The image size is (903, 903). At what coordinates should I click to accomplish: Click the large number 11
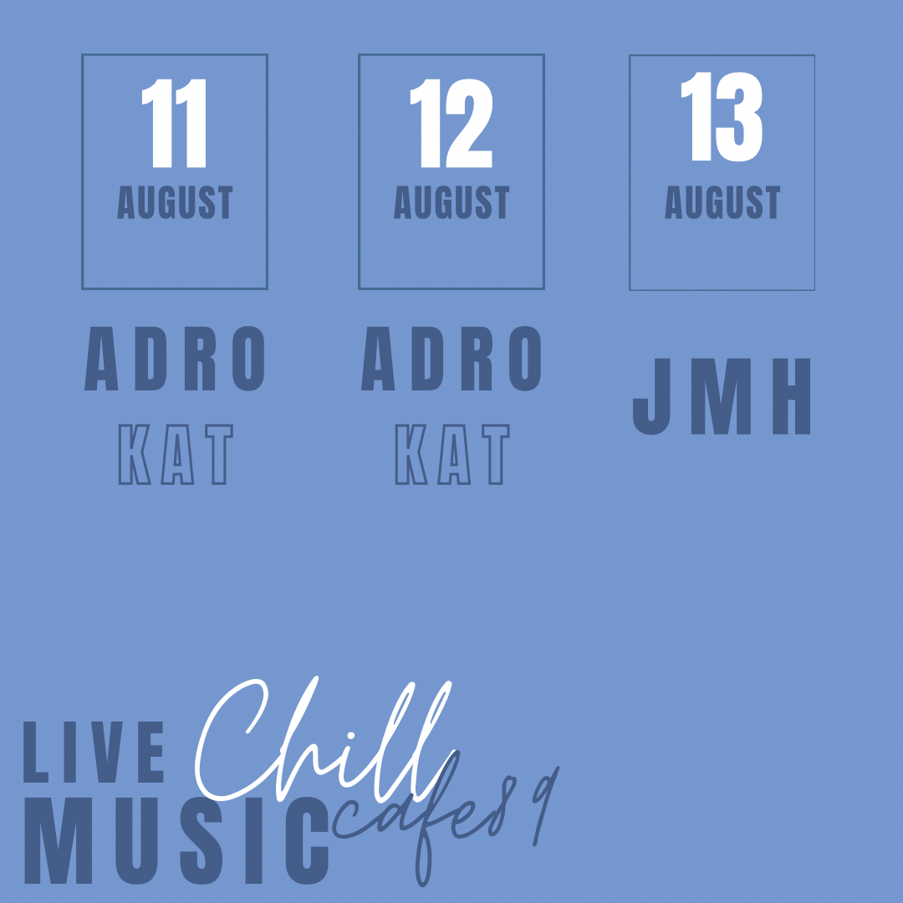[174, 123]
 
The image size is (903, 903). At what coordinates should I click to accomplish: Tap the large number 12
[451, 123]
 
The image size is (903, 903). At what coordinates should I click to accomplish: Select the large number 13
[722, 116]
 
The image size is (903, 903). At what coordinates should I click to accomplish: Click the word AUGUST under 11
[175, 202]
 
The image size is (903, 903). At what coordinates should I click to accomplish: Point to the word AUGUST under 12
[451, 202]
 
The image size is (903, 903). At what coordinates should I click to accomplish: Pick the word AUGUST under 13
[722, 202]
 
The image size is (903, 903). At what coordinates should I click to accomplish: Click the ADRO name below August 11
[175, 358]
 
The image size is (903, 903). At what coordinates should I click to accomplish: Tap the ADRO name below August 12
[451, 358]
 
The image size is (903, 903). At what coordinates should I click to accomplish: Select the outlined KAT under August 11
[176, 454]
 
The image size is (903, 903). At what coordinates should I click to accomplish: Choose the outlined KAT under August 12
[452, 454]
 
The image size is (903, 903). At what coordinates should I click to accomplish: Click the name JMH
[722, 396]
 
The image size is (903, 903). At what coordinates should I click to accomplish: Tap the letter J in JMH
[652, 396]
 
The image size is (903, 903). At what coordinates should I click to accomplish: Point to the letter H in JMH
[791, 396]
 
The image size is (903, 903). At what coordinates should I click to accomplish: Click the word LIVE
[94, 752]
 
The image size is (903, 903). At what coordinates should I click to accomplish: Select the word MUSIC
[176, 841]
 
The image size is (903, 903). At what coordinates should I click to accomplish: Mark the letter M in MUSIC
[59, 841]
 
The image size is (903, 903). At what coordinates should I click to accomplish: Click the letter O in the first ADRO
[248, 358]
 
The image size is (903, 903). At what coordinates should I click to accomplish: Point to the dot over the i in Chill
[350, 736]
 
